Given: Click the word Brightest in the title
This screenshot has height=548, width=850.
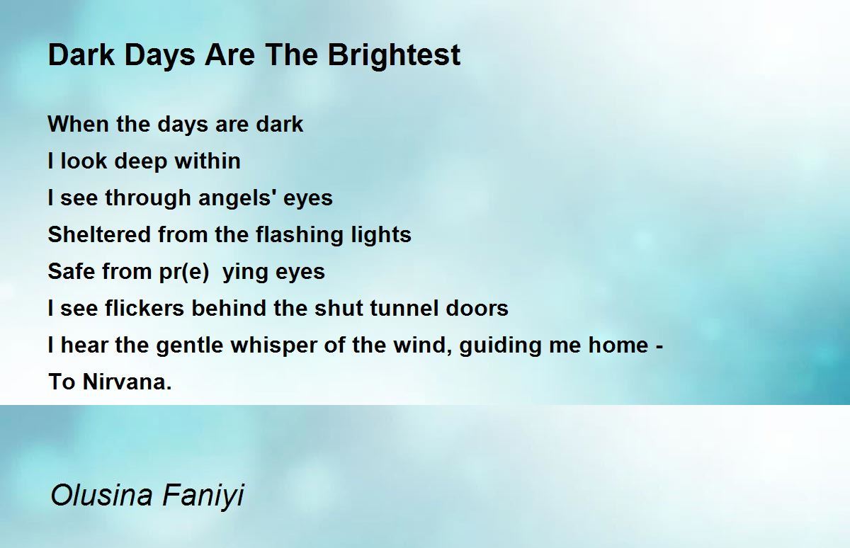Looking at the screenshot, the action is click(x=394, y=56).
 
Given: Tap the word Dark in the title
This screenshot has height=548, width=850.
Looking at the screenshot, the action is click(x=81, y=55).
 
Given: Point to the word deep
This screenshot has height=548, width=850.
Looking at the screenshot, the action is click(x=141, y=162).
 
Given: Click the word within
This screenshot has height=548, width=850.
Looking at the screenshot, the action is click(x=208, y=161).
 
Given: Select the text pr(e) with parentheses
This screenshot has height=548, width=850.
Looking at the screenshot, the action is click(x=184, y=273).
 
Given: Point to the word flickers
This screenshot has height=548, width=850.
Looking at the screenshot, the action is click(x=144, y=307).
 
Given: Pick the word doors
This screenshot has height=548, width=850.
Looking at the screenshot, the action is click(x=477, y=307).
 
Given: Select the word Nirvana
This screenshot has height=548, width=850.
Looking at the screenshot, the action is click(x=127, y=381).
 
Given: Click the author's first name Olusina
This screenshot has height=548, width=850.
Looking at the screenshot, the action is click(x=101, y=495).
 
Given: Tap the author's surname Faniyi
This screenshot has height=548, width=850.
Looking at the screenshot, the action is click(x=203, y=496).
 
